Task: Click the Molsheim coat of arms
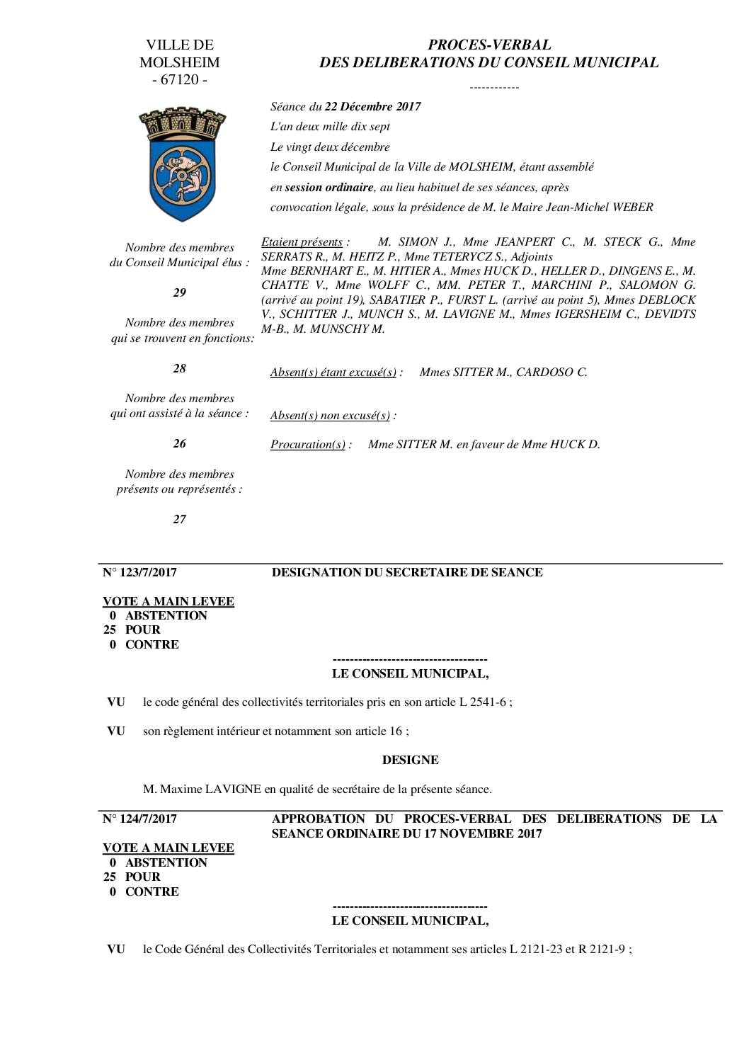182,164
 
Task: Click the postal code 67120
180,80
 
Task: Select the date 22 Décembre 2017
372,107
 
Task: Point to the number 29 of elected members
180,292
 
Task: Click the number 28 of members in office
180,368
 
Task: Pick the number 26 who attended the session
180,444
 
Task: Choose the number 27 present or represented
180,519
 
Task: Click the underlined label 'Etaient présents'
302,242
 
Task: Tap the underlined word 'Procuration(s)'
308,445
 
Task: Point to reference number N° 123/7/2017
139,572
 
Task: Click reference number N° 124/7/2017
139,819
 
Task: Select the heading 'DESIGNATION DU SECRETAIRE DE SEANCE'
407,572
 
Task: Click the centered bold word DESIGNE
410,760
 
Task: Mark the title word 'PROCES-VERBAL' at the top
489,45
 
